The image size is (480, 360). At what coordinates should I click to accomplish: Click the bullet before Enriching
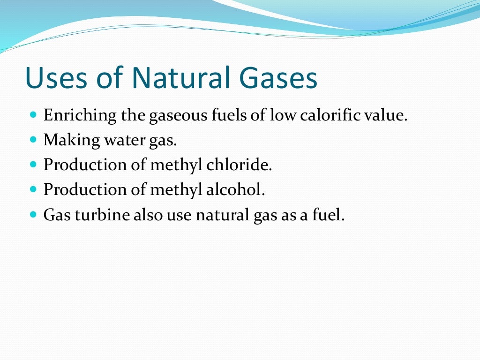[x=33, y=114]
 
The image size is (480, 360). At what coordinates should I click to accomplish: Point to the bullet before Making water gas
[x=33, y=139]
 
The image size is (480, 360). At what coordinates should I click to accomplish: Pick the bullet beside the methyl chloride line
[x=33, y=165]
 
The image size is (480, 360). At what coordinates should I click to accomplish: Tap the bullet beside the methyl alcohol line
[x=33, y=189]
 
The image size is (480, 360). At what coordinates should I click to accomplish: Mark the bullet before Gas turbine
[x=33, y=215]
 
